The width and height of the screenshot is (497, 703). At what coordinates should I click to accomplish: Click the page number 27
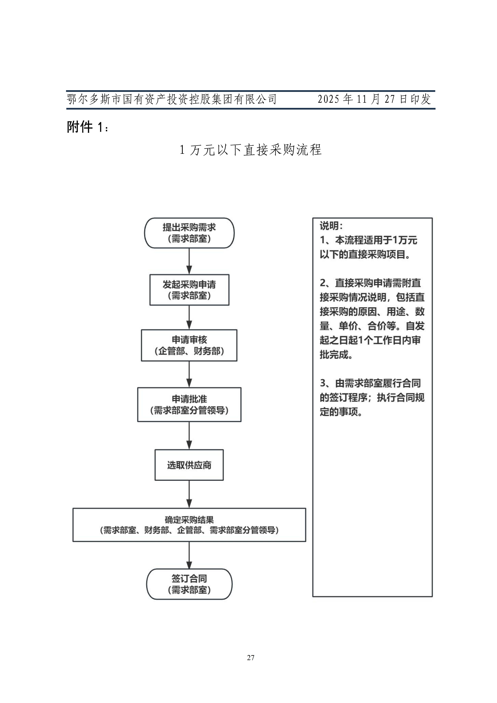[x=251, y=658]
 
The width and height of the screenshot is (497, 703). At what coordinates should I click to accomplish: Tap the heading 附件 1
[x=88, y=127]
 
